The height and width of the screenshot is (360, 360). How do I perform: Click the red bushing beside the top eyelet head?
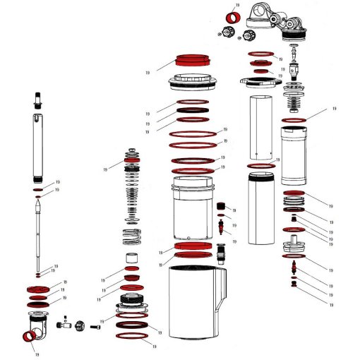pos(229,18)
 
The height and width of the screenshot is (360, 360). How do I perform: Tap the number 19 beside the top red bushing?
pos(236,5)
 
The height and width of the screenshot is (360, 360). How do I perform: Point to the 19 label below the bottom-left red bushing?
pos(36,355)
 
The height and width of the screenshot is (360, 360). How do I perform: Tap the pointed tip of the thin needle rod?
pos(37,203)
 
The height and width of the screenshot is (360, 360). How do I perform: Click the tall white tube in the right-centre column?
pos(261,124)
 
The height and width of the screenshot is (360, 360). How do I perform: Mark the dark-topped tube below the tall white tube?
pos(261,212)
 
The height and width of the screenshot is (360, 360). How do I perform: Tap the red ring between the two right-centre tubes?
pos(260,165)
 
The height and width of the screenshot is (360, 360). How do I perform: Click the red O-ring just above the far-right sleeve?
pos(294,121)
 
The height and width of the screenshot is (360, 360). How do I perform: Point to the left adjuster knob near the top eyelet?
pos(227,31)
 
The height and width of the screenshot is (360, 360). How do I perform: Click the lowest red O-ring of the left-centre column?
pos(133,337)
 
